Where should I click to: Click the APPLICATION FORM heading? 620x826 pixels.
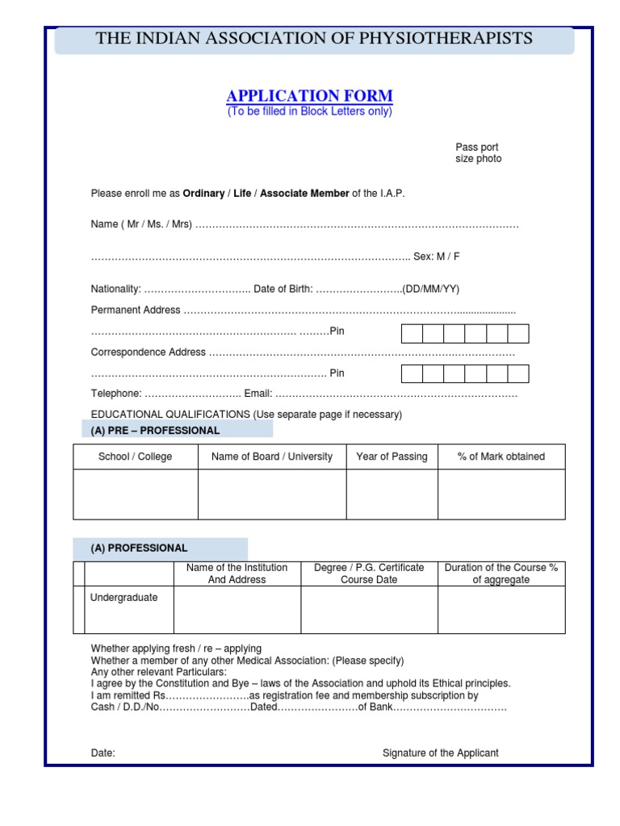[310, 96]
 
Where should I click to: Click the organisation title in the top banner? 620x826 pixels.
[314, 38]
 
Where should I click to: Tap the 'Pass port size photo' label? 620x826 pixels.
[478, 153]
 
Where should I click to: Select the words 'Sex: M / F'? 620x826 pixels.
[437, 257]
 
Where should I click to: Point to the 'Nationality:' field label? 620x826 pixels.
[116, 290]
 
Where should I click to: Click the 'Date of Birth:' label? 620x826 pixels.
[283, 290]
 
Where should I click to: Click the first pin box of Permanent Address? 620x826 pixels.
[412, 334]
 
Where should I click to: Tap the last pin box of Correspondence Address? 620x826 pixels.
[518, 373]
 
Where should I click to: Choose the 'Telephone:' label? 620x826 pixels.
[116, 394]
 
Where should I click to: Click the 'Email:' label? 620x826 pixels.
[258, 394]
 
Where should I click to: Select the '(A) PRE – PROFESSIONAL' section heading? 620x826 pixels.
[155, 431]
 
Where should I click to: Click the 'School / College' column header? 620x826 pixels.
[136, 457]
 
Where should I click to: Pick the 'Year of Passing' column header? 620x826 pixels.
[392, 457]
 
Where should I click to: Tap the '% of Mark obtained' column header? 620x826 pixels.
[501, 457]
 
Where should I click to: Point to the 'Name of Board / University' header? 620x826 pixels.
[272, 457]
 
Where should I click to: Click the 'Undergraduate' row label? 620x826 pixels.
[124, 598]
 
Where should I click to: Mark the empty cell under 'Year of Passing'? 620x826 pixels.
[392, 494]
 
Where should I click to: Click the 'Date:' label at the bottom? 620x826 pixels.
[103, 753]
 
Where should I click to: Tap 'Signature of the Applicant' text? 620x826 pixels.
[441, 753]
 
